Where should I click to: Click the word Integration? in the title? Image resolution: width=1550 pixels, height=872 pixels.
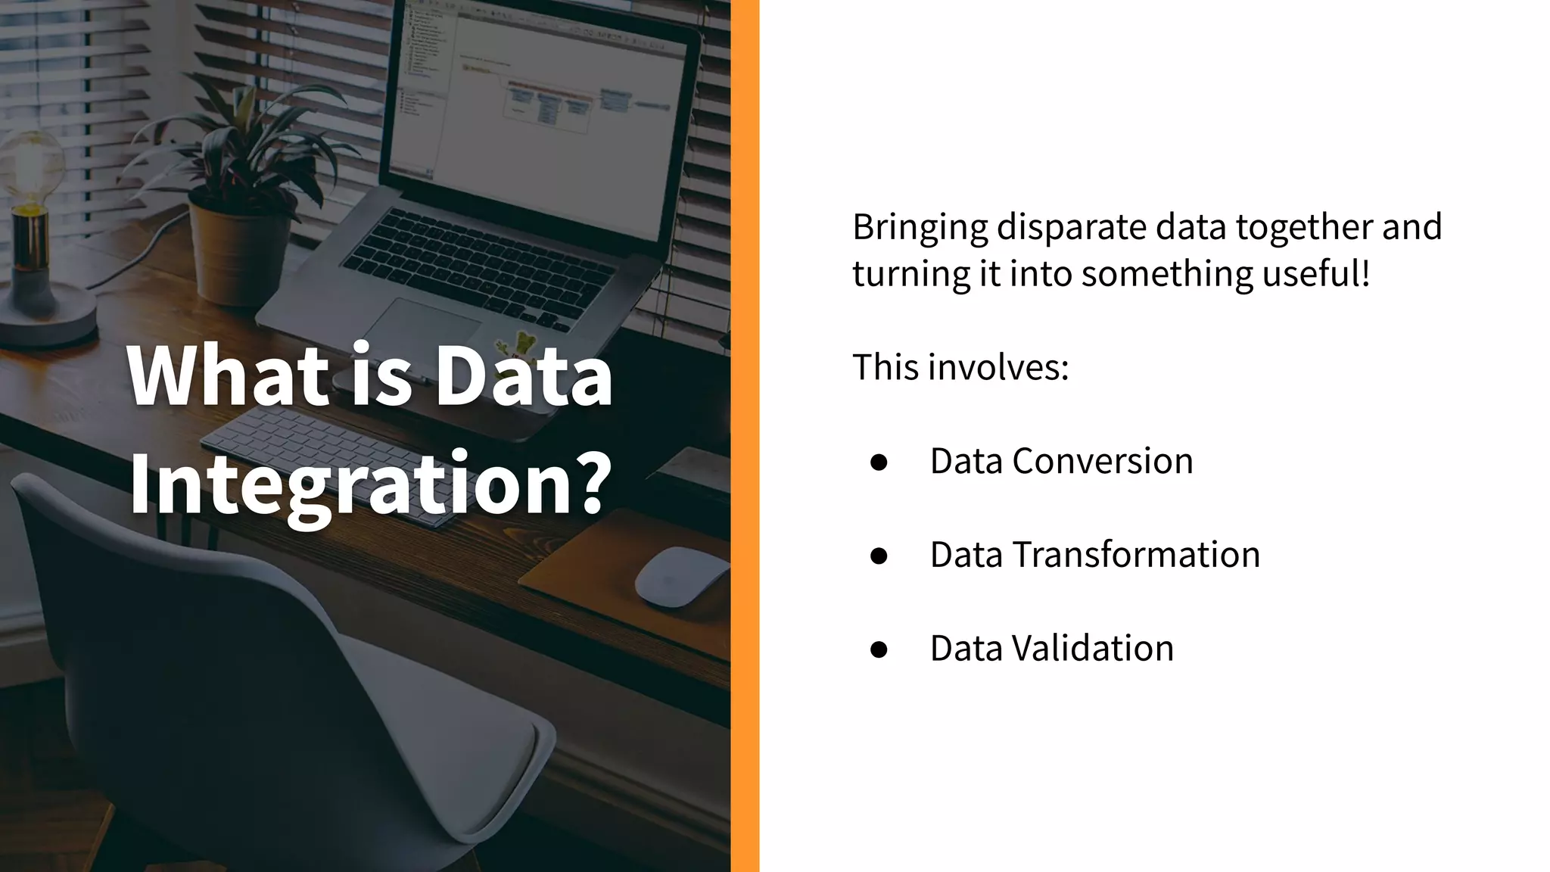point(370,482)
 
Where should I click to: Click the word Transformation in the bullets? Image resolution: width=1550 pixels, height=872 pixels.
point(1136,555)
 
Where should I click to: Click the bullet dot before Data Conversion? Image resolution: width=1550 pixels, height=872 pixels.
point(879,462)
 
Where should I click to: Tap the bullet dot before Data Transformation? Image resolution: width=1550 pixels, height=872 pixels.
point(879,556)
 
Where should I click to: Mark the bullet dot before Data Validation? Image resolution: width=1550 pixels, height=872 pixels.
point(879,649)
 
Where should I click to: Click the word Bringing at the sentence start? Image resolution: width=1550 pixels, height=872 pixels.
point(920,227)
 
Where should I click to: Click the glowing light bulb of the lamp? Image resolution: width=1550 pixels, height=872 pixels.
point(33,167)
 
